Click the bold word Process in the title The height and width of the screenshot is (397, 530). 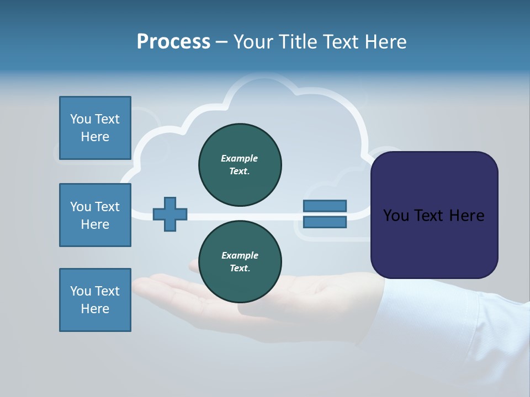[173, 42]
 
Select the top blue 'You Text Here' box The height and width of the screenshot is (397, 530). [95, 128]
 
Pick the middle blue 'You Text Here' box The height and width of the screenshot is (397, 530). [95, 215]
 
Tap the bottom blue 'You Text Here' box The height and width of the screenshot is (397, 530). [95, 300]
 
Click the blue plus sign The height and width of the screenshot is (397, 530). [170, 214]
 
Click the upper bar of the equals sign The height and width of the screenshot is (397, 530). [325, 206]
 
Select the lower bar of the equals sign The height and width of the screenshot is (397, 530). [325, 222]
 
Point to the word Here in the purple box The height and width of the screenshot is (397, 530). [467, 216]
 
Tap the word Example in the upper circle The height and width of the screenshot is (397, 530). [240, 158]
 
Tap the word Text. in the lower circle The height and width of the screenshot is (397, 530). [240, 269]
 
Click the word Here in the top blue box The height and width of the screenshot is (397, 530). [95, 137]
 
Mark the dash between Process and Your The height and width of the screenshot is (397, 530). [221, 42]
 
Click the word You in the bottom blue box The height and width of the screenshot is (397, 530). [81, 291]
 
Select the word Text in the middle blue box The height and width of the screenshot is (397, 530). [107, 207]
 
